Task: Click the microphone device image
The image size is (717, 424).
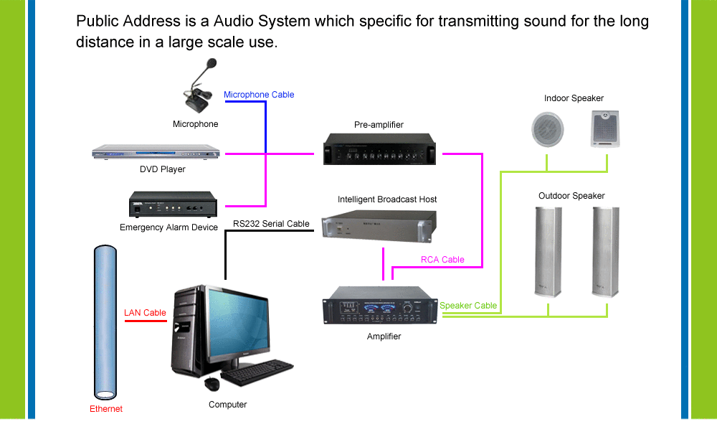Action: point(200,87)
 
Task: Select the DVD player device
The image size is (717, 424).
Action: point(156,152)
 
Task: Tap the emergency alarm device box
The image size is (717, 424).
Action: point(173,204)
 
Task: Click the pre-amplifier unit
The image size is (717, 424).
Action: point(379,149)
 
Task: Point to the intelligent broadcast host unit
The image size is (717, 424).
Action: point(379,225)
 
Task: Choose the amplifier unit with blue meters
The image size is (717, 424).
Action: point(380,305)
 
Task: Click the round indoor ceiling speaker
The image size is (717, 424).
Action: point(547,129)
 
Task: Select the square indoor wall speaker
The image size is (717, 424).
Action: point(605,129)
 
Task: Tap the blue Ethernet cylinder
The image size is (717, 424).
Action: point(105,322)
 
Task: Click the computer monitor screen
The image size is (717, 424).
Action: point(238,322)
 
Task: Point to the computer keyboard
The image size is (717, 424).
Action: point(257,372)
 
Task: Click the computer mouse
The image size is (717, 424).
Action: point(212,384)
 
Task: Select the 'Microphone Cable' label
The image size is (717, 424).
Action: point(259,95)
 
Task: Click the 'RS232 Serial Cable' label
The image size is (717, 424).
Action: point(271,224)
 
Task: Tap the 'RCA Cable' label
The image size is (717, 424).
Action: point(442,260)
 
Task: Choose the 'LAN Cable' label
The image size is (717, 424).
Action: point(145,313)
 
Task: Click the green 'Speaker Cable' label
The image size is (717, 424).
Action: point(468,306)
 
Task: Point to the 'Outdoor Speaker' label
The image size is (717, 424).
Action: point(571,196)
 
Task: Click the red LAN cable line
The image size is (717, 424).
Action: point(146,321)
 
